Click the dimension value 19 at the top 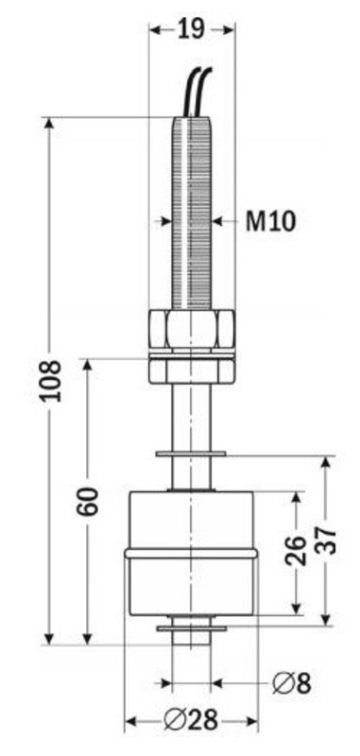pyautogui.click(x=192, y=30)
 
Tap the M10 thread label pyautogui.click(x=270, y=222)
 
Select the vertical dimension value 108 pyautogui.click(x=51, y=381)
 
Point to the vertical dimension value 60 pyautogui.click(x=89, y=502)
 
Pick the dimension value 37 pyautogui.click(x=325, y=541)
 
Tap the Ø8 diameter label pyautogui.click(x=292, y=683)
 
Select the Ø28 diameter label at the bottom pyautogui.click(x=191, y=722)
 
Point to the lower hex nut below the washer pyautogui.click(x=192, y=372)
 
